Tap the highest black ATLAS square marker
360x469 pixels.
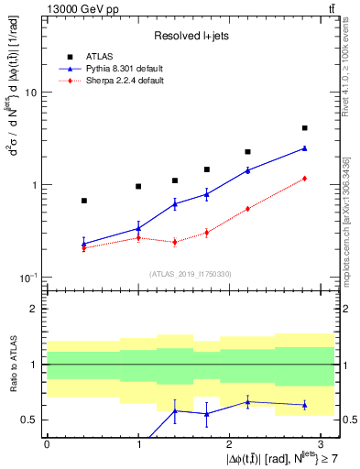[x=304, y=128]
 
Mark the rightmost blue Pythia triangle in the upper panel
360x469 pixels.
[x=304, y=147]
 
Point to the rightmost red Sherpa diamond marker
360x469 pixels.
[x=304, y=179]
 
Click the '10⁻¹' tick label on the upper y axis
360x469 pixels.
[x=27, y=277]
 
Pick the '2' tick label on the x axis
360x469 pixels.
[x=229, y=443]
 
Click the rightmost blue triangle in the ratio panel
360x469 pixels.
[x=304, y=405]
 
